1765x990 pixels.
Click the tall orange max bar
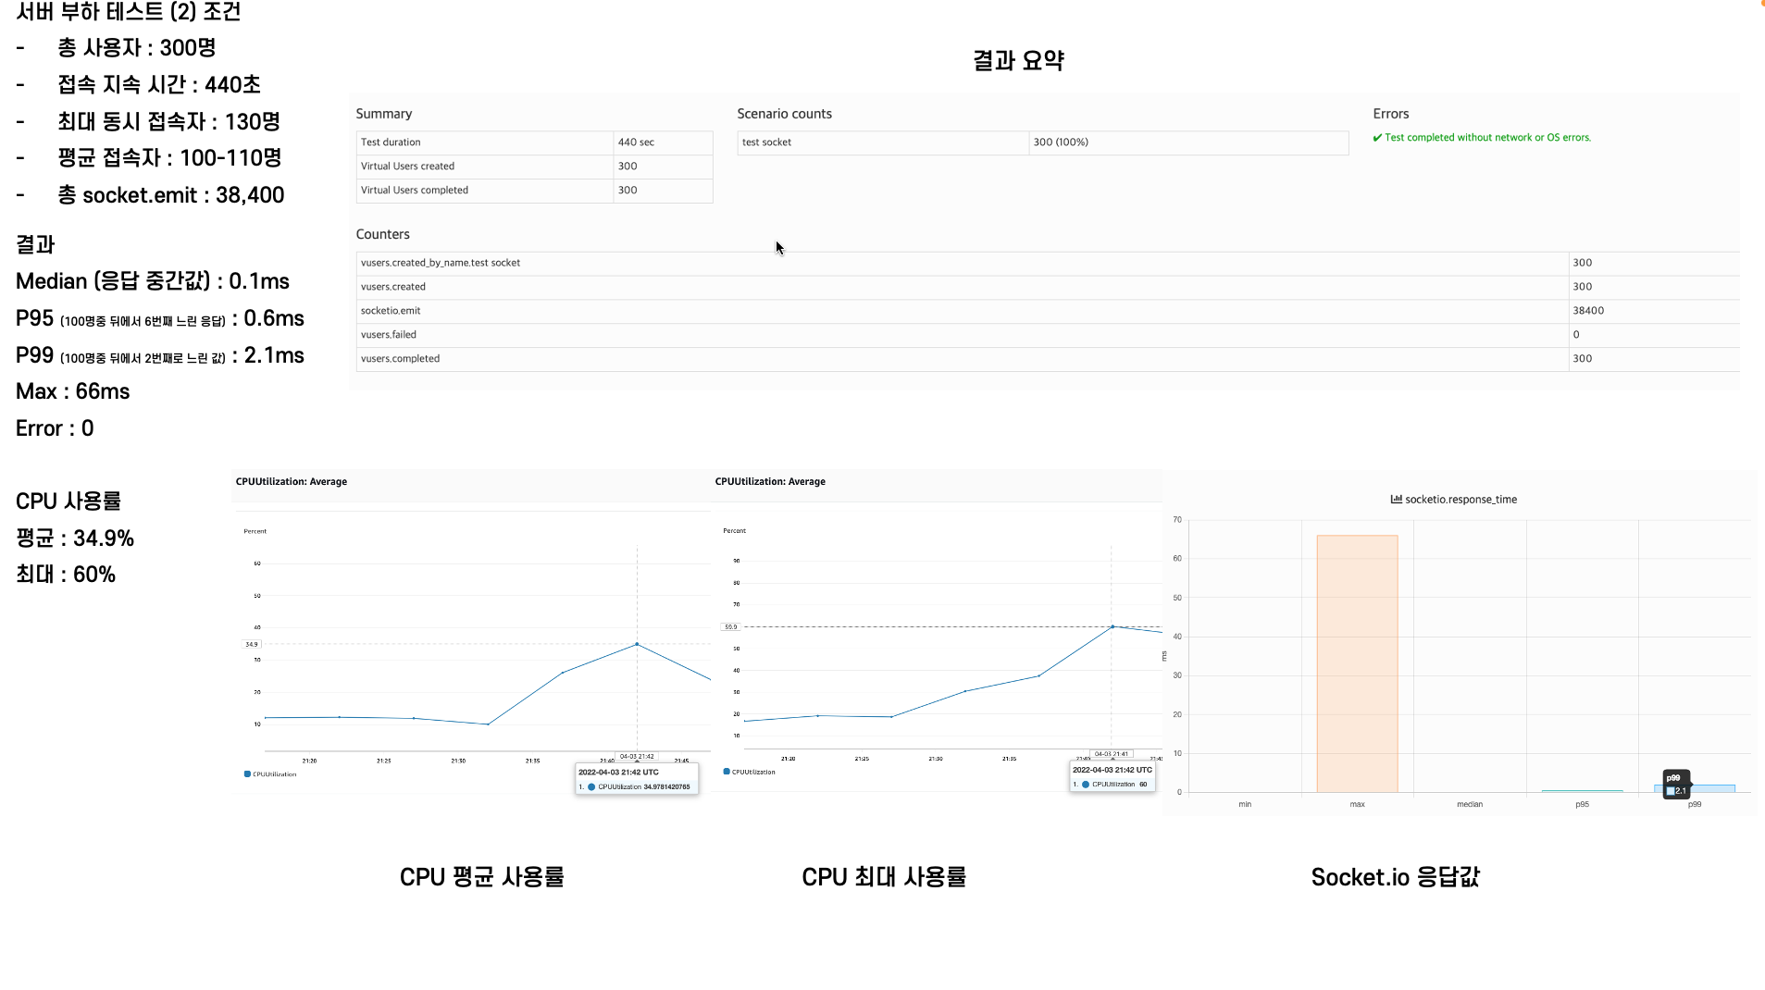[1357, 662]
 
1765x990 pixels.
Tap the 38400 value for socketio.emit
[1588, 311]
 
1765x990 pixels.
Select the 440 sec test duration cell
[636, 142]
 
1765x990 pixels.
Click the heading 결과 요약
[1018, 61]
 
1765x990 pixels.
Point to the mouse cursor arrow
[779, 247]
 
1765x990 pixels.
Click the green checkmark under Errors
[1377, 138]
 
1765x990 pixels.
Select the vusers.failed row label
[389, 335]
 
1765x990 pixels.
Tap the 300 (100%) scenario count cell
[1061, 142]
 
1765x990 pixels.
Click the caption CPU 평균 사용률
[481, 877]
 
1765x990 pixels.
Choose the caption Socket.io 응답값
[1395, 877]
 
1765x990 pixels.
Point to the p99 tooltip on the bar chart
[1676, 785]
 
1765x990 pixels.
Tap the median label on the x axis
[1470, 805]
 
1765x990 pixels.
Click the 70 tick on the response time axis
[1177, 520]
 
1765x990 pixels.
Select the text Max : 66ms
[73, 391]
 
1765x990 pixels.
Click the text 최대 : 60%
[66, 575]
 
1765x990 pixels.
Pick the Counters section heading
[382, 235]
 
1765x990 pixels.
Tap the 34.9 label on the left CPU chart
[252, 644]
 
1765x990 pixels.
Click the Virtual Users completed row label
[415, 191]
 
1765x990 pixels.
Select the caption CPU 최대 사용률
[884, 877]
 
